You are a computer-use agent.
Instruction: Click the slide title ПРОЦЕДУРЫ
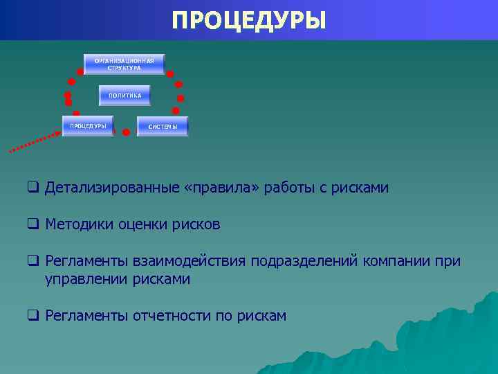(x=249, y=19)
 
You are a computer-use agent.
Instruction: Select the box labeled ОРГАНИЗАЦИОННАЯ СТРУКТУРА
(x=124, y=64)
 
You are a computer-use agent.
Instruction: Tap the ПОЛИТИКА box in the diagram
(x=124, y=95)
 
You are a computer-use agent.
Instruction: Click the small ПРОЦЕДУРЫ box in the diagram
(x=88, y=126)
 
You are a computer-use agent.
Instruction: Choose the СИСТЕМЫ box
(x=163, y=126)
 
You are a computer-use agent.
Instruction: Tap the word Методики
(x=75, y=224)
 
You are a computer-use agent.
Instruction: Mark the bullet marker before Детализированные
(x=32, y=188)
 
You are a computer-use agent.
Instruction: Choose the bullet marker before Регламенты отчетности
(x=32, y=316)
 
